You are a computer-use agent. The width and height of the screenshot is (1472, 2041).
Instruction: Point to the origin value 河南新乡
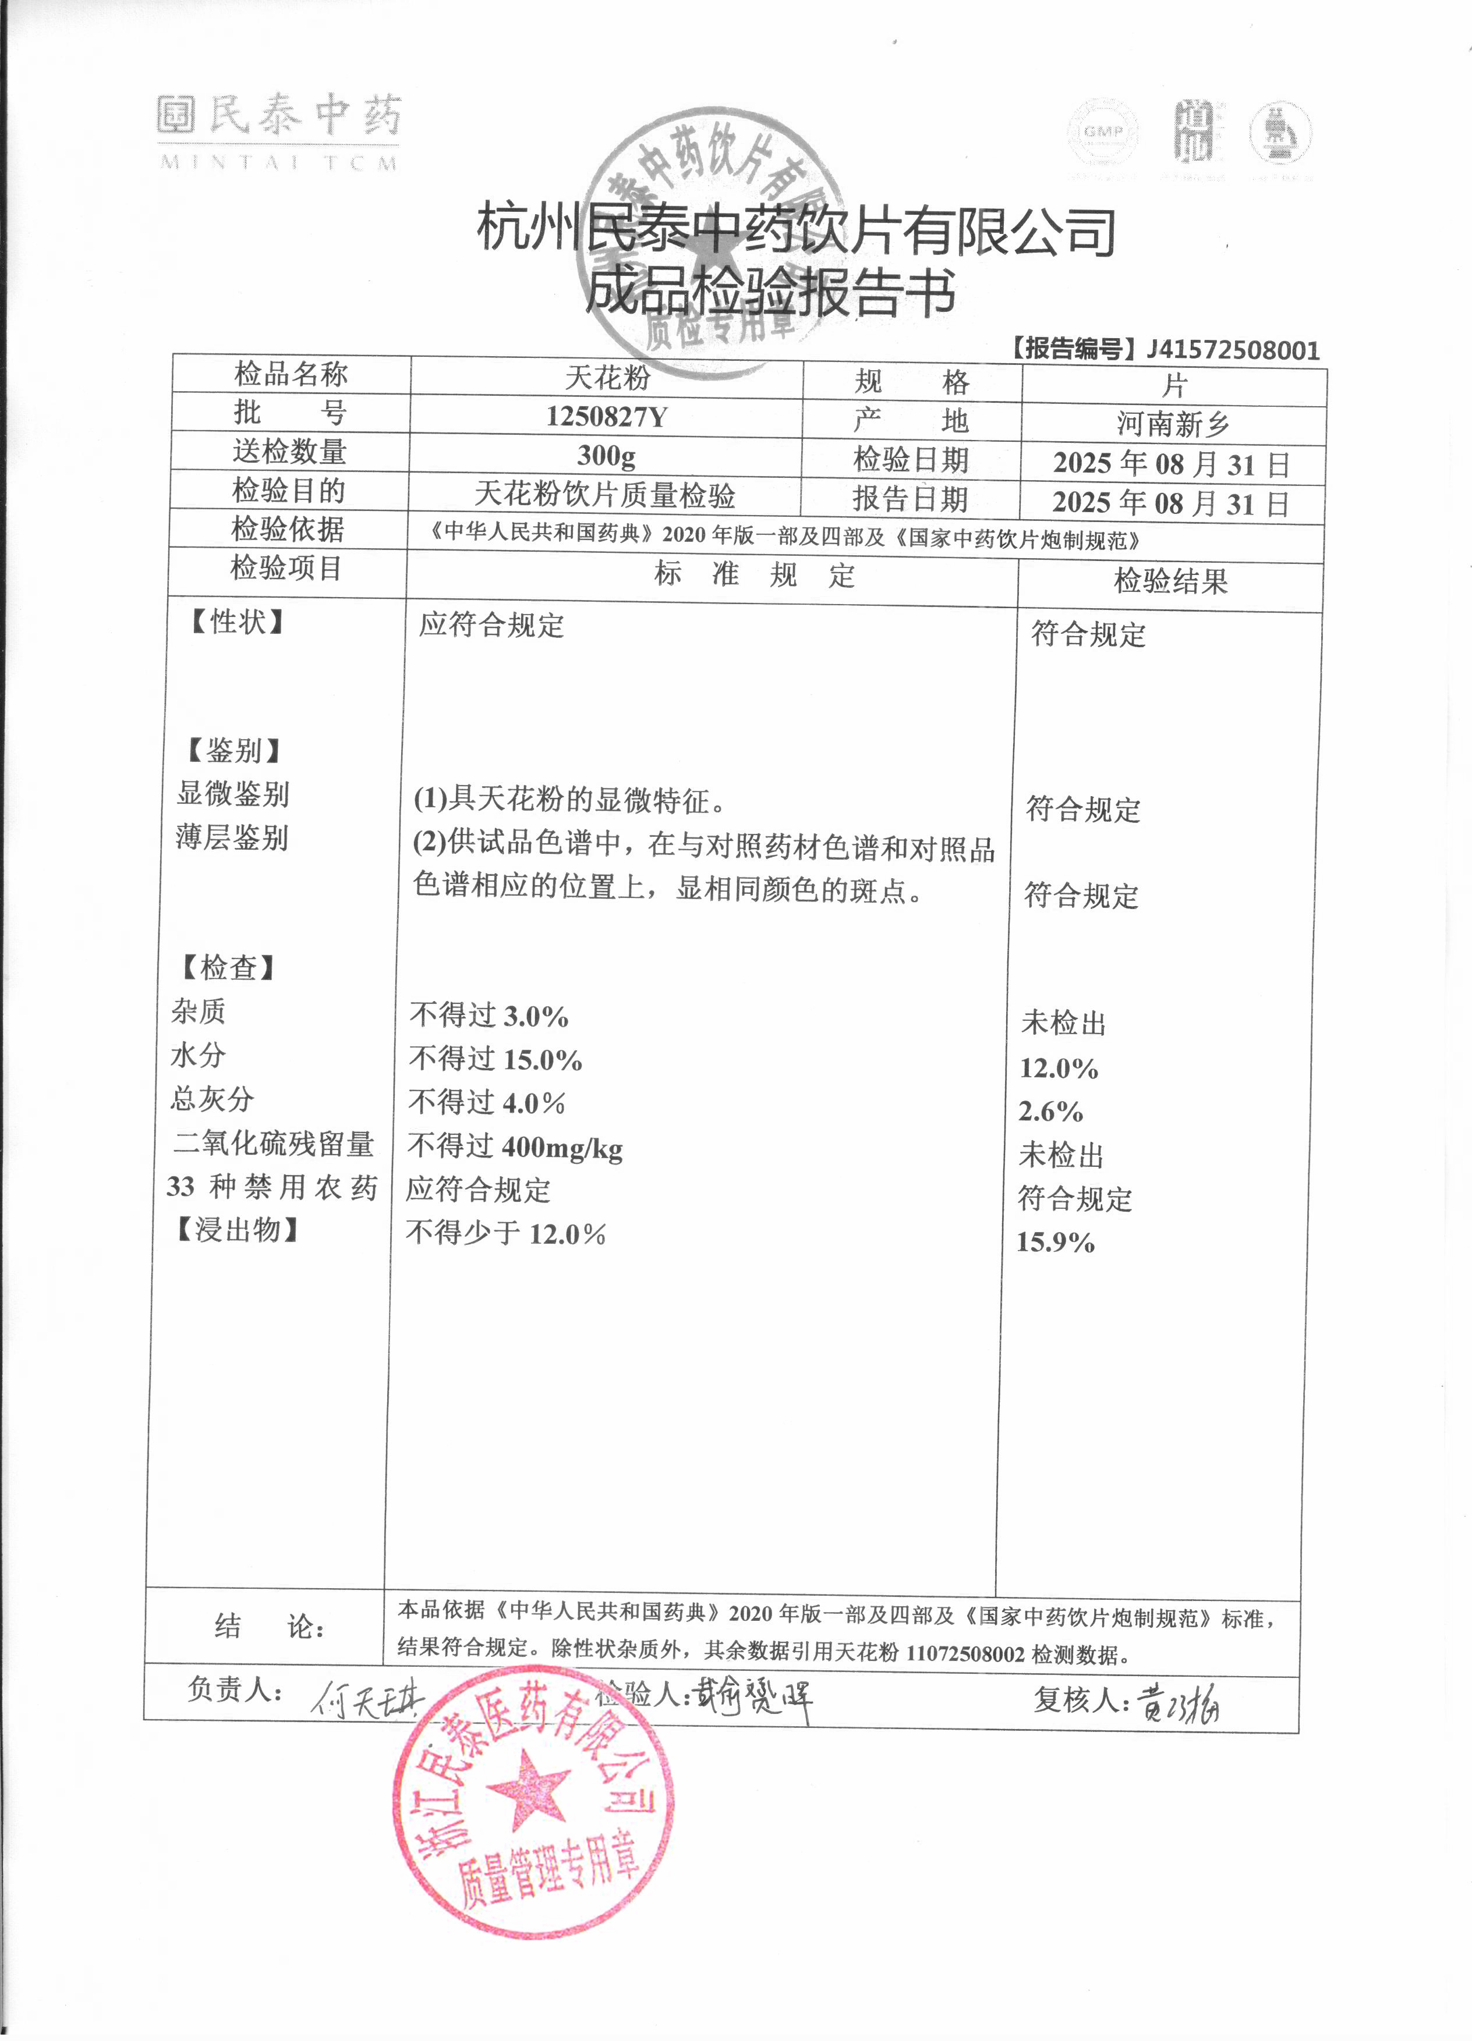[1173, 423]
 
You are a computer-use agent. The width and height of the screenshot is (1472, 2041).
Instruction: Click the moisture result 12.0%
[1059, 1068]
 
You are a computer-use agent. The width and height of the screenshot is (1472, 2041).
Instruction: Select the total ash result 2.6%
[1050, 1112]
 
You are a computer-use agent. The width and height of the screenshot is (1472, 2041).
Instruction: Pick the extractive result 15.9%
[1055, 1243]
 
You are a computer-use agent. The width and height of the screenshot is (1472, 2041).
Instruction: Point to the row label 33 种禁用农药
[272, 1187]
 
